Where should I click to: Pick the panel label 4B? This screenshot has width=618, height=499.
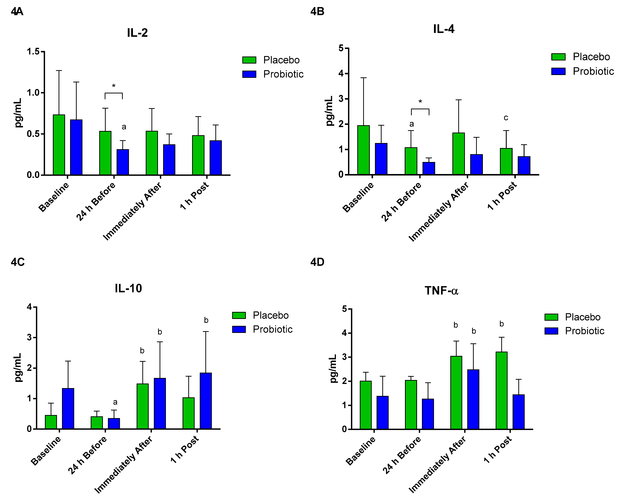pyautogui.click(x=317, y=11)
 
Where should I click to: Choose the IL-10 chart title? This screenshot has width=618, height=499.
pyautogui.click(x=128, y=288)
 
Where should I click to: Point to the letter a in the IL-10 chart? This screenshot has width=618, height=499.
pyautogui.click(x=115, y=402)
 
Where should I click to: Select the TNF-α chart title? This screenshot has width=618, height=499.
pyautogui.click(x=441, y=291)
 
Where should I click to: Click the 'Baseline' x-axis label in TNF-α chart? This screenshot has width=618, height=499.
pyautogui.click(x=361, y=451)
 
